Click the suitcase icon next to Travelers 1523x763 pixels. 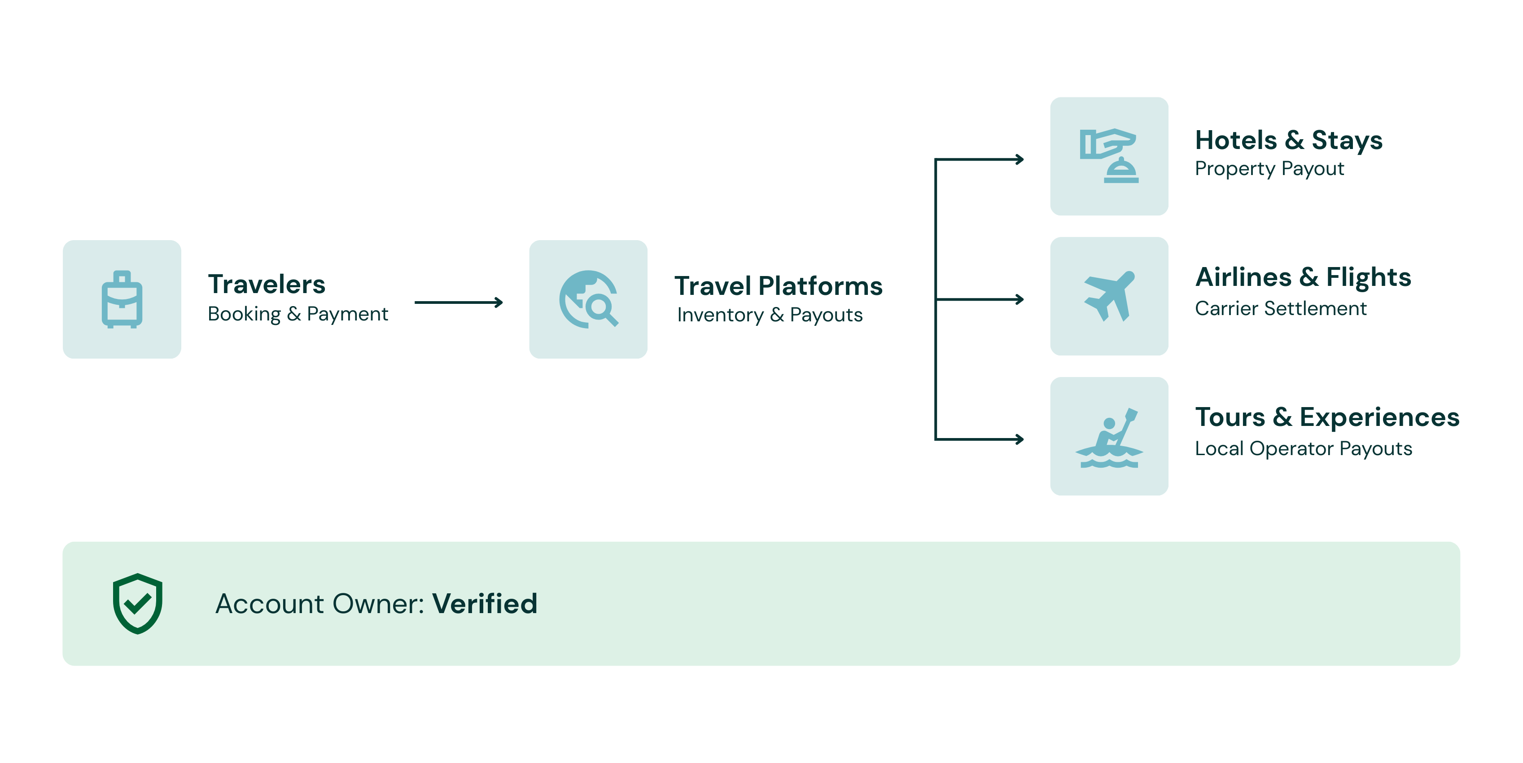(122, 299)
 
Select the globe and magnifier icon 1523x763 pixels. (588, 299)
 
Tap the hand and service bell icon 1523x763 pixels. (1108, 156)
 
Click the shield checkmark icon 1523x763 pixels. (138, 603)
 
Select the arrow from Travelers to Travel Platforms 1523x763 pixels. (458, 302)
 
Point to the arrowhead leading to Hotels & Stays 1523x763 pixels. (1019, 159)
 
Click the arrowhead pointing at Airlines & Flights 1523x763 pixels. (1019, 299)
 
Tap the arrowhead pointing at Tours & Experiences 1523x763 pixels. (1019, 439)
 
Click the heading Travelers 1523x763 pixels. (267, 285)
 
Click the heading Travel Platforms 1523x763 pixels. (778, 286)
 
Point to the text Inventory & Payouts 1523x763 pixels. (770, 315)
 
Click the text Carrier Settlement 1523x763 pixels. (1281, 309)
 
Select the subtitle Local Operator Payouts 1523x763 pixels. (1303, 449)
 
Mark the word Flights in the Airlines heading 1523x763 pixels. (1368, 277)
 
